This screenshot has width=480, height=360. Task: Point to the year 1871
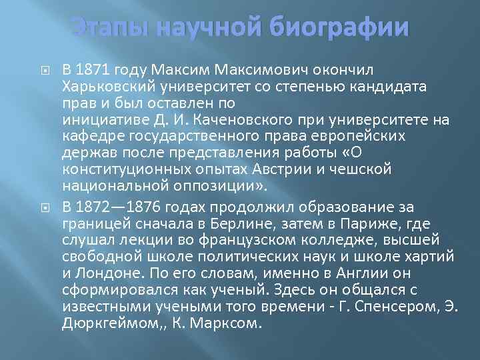pos(92,69)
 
